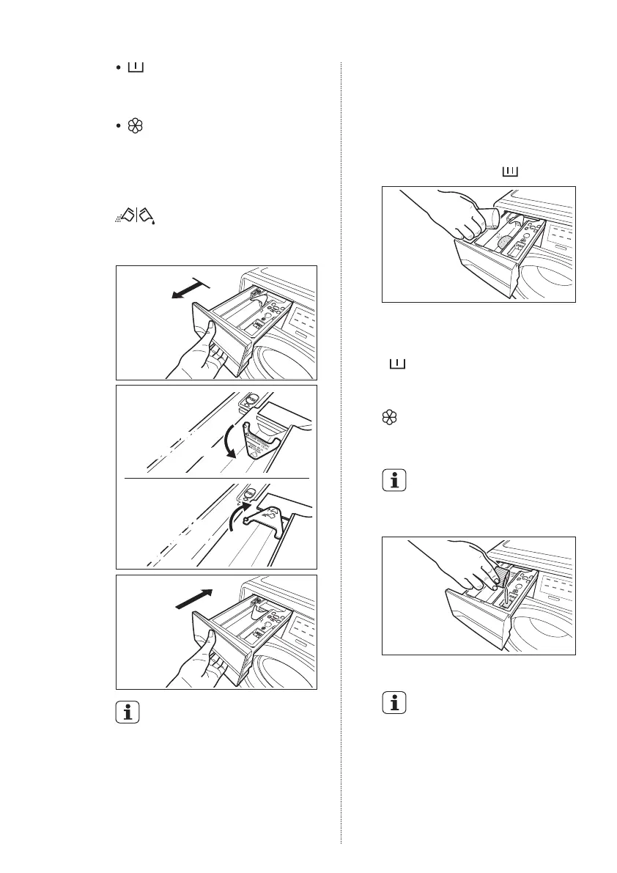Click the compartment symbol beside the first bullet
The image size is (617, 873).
click(x=136, y=68)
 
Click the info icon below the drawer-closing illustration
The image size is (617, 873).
click(x=127, y=713)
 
